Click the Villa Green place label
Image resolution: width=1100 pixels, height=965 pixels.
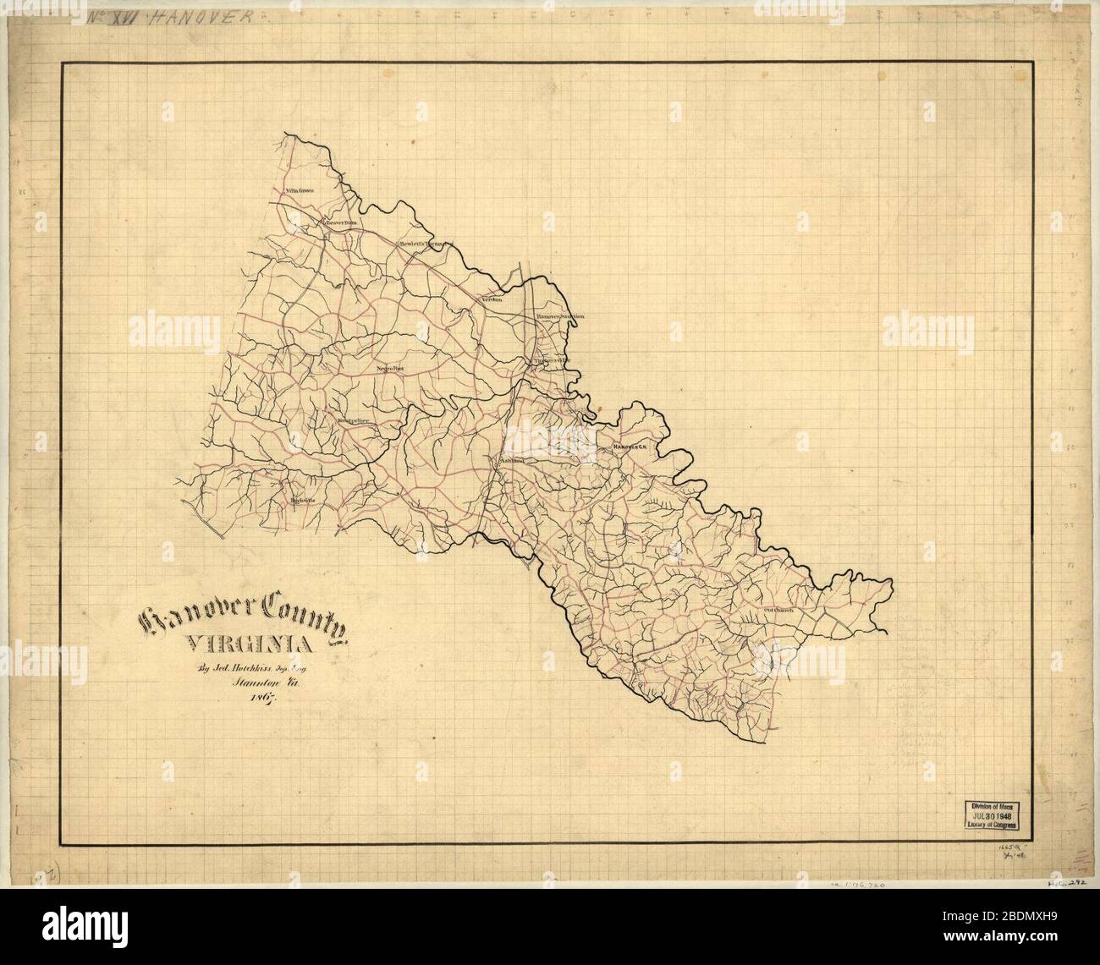coord(300,191)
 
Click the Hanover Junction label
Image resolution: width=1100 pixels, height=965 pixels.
coord(560,316)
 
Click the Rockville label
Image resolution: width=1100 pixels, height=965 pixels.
coord(302,500)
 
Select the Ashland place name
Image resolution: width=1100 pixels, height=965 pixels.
coord(512,461)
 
